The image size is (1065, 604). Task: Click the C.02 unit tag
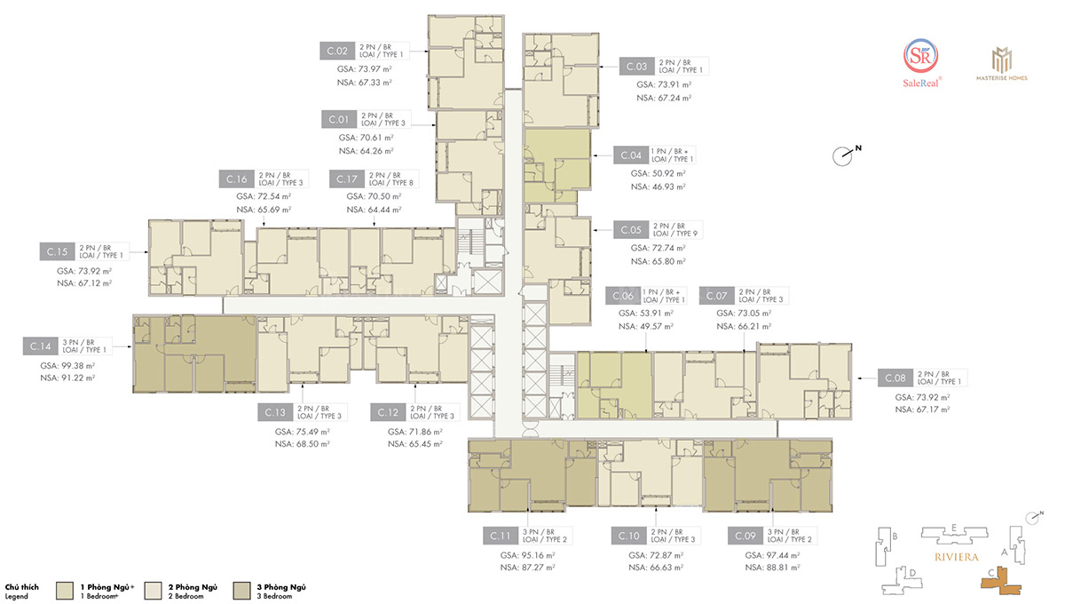click(x=337, y=51)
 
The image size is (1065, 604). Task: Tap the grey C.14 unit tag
click(x=41, y=346)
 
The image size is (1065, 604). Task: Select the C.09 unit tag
click(x=745, y=536)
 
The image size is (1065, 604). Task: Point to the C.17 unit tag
click(x=347, y=179)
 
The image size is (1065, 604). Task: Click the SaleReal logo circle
click(x=921, y=56)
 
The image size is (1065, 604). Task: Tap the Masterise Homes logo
click(x=1002, y=64)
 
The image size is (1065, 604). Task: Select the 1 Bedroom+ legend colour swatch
click(x=65, y=591)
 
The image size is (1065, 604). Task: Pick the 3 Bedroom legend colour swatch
click(x=241, y=591)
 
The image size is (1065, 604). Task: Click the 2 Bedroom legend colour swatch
click(x=153, y=591)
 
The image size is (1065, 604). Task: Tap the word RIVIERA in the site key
click(x=957, y=557)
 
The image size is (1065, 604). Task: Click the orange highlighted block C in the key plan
click(x=1001, y=582)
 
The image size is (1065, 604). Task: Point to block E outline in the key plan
click(x=954, y=535)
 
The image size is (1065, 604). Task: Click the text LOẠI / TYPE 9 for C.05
click(x=675, y=234)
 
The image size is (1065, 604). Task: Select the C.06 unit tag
click(x=623, y=296)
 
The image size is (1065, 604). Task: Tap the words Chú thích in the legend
click(x=22, y=587)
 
